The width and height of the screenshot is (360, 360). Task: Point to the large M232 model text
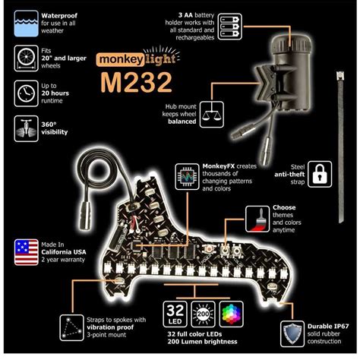pos(137,81)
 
